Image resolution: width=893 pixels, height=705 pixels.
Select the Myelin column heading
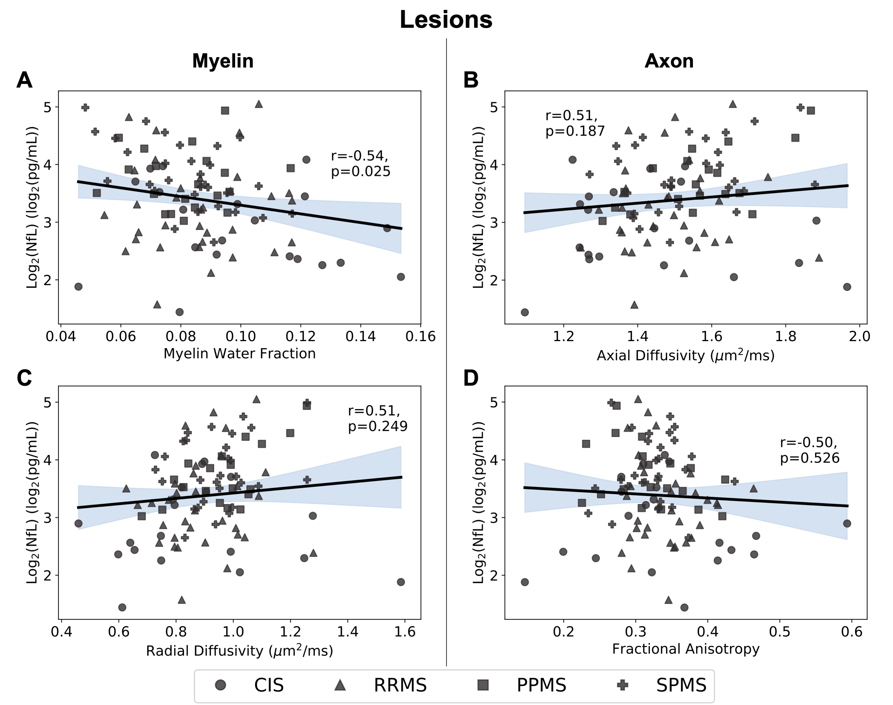pos(223,61)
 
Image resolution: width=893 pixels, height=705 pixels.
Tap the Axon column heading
pos(669,61)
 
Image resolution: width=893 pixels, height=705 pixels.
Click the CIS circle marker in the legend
pos(221,685)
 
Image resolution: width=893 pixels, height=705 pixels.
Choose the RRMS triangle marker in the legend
pos(340,685)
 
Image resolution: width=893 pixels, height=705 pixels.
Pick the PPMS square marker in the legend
pos(483,685)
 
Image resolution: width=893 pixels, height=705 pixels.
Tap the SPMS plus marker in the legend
pos(622,685)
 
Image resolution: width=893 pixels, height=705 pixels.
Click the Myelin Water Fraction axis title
pos(239,354)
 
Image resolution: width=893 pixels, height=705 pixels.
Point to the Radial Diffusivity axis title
pos(239,651)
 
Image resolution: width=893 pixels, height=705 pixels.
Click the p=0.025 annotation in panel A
pos(361,171)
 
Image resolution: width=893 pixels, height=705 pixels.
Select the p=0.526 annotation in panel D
pos(809,458)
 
